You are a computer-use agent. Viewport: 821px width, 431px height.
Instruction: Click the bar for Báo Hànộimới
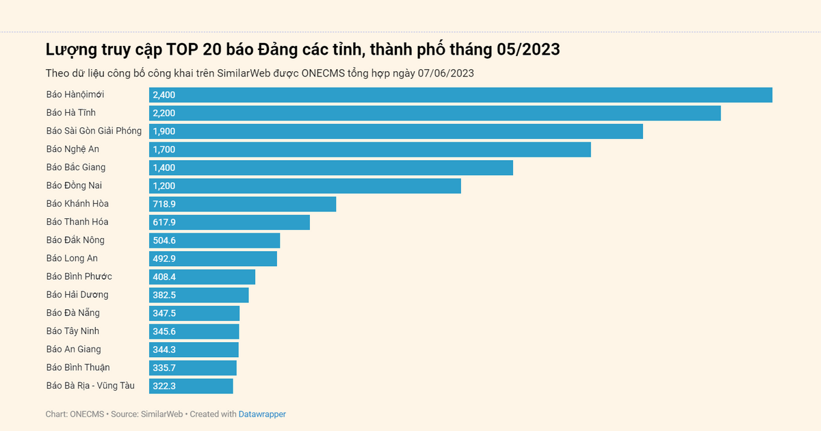(x=460, y=95)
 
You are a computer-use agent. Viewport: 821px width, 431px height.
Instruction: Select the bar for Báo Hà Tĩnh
(x=435, y=113)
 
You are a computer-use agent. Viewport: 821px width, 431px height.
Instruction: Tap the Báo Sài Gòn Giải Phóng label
(x=94, y=131)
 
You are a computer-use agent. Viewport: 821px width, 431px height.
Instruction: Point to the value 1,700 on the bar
(x=164, y=150)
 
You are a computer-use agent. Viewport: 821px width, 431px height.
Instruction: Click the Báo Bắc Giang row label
(x=76, y=167)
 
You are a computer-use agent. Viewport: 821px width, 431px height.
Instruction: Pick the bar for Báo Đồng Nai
(x=305, y=186)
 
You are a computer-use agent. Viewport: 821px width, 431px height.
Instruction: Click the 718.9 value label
(x=164, y=205)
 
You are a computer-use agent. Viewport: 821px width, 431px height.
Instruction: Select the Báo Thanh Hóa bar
(x=229, y=222)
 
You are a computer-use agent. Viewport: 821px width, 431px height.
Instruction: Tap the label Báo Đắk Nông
(x=75, y=240)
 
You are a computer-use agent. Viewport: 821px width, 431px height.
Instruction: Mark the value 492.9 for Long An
(x=164, y=259)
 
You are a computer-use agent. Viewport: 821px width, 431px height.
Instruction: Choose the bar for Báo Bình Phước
(x=202, y=277)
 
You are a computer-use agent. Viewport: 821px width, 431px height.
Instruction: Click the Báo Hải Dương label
(x=77, y=295)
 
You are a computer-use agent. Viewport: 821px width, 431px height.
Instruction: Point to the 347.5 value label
(x=164, y=313)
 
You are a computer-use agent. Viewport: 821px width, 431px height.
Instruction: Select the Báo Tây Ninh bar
(x=194, y=332)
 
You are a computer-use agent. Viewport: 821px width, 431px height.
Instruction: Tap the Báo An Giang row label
(x=73, y=349)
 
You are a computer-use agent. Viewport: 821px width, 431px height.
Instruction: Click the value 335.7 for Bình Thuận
(x=164, y=368)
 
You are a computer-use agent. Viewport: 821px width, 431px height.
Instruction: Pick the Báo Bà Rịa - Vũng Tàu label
(x=90, y=386)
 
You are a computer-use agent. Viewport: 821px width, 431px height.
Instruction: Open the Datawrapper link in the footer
(x=262, y=415)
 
